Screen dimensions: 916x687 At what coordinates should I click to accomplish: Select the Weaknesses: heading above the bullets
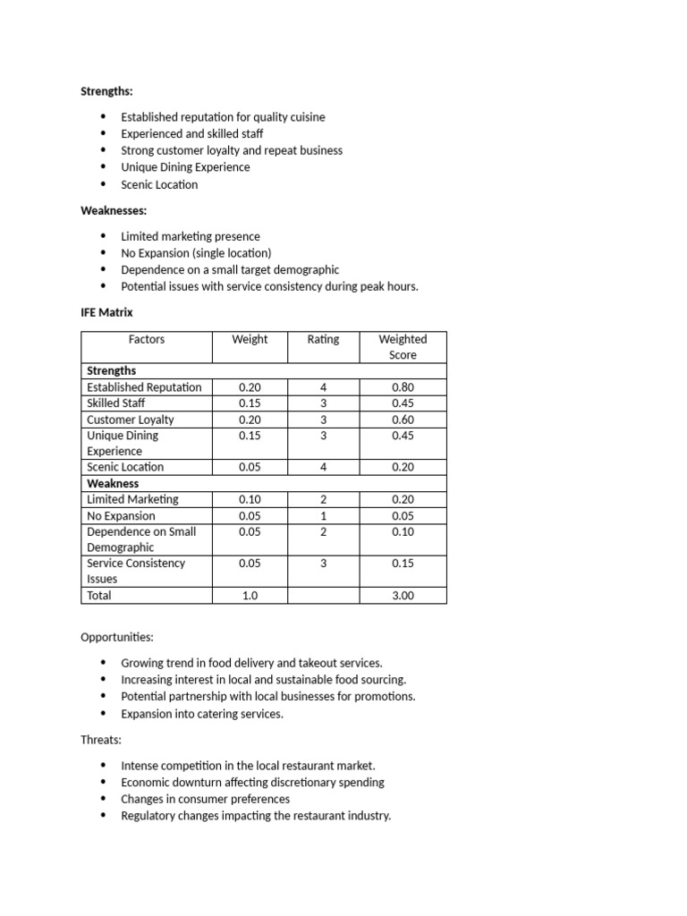113,210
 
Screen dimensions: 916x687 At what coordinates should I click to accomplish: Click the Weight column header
250,340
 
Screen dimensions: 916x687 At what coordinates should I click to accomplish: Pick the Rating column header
323,340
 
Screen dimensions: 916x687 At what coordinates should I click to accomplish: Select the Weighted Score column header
403,347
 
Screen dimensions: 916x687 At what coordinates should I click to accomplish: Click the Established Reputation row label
144,387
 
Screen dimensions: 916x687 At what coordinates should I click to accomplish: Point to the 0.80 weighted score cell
403,387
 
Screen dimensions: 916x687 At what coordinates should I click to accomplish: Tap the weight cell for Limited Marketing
250,499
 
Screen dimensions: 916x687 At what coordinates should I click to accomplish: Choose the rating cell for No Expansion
323,515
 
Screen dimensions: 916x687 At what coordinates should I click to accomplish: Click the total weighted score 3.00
403,595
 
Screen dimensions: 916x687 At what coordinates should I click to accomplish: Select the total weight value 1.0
250,595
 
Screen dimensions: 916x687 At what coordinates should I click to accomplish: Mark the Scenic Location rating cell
323,467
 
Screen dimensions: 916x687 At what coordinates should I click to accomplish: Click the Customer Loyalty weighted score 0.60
403,420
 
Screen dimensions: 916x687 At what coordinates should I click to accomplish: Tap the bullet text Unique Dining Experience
185,167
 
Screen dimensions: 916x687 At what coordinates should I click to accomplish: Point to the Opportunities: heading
117,637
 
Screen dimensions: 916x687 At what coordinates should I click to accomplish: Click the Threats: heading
100,740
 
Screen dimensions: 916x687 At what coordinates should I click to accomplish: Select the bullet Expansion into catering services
201,714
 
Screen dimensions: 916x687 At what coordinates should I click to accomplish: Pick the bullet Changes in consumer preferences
205,799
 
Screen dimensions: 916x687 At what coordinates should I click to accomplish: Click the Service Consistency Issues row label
135,571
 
